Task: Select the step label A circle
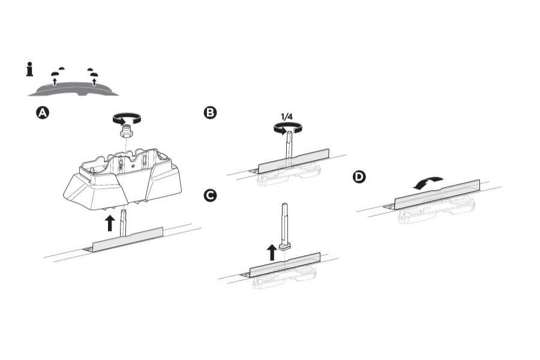click(x=43, y=113)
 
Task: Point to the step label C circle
click(x=210, y=196)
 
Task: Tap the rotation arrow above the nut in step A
click(x=127, y=118)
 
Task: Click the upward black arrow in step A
click(x=109, y=223)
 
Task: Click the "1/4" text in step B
click(x=288, y=116)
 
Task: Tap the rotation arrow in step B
click(x=287, y=127)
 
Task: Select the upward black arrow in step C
click(x=271, y=251)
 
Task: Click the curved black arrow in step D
click(x=428, y=182)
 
